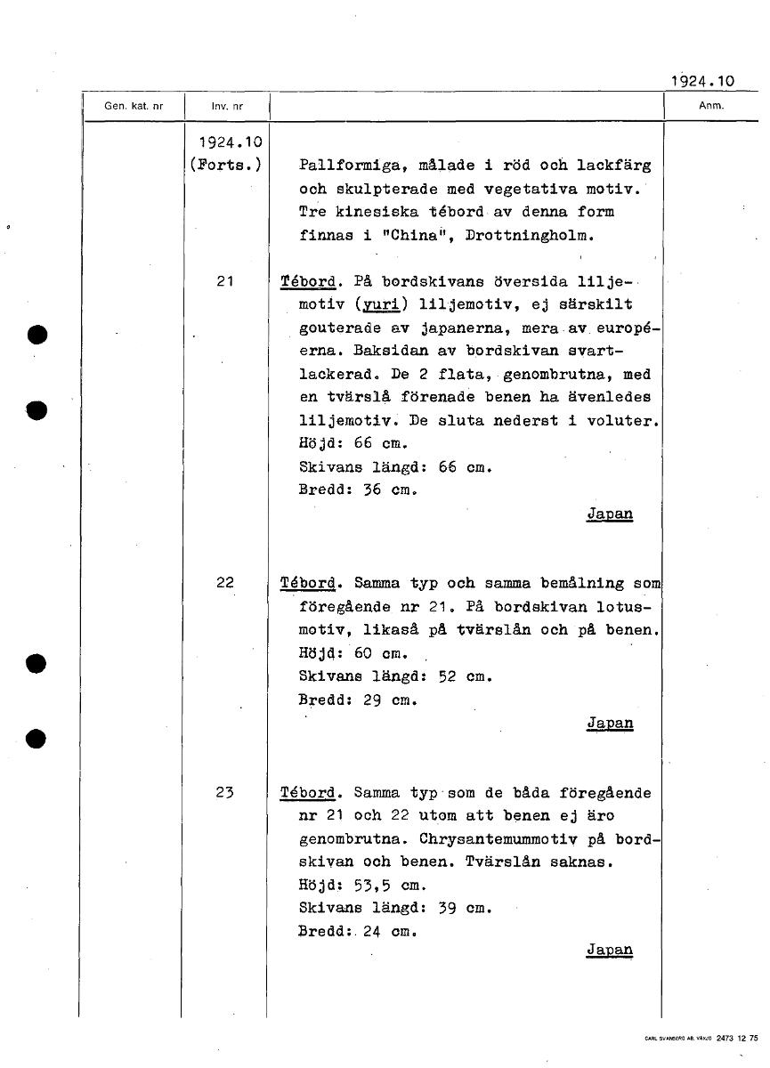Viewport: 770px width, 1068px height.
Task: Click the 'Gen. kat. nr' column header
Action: click(134, 106)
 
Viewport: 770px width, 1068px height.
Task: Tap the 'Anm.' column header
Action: click(711, 105)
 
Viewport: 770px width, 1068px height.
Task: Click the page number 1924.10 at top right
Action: click(702, 80)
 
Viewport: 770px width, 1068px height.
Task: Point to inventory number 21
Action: click(225, 281)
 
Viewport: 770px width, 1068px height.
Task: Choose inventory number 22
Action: click(225, 583)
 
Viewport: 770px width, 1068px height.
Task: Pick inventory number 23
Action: click(225, 792)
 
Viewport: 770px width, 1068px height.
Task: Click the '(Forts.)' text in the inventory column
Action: click(225, 165)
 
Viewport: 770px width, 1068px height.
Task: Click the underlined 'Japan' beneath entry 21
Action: click(610, 514)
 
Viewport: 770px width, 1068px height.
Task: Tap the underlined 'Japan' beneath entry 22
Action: click(610, 723)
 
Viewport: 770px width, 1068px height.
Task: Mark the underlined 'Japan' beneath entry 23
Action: click(610, 950)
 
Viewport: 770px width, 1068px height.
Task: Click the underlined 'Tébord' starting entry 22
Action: click(308, 583)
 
